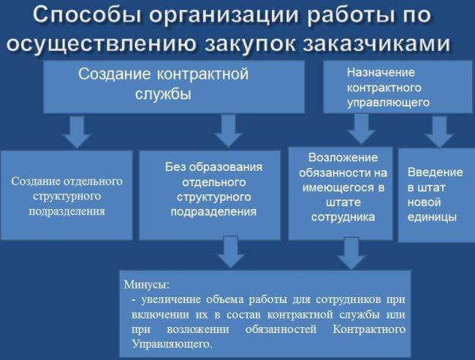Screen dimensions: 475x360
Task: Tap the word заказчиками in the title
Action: pos(376,44)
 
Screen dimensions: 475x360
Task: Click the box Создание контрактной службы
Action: pos(174,87)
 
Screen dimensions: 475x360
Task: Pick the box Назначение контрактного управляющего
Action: pos(398,87)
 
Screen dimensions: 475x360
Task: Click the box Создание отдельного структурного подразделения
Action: pos(66,195)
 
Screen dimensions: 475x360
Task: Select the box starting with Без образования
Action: pos(210,195)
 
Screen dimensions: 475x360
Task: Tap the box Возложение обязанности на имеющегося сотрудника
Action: pos(341,194)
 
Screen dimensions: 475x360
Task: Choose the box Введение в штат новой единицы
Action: pos(436,195)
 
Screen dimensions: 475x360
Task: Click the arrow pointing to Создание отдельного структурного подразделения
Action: pos(77,132)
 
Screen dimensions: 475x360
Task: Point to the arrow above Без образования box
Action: pos(229,131)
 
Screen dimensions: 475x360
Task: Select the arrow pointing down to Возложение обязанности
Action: pos(362,129)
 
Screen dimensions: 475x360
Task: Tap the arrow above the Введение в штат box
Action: pos(439,132)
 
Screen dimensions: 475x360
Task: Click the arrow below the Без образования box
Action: pos(231,252)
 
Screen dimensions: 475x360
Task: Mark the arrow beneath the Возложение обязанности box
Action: pos(351,253)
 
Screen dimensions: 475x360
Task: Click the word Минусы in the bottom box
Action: pos(147,285)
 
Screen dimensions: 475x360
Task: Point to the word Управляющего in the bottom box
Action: pos(172,344)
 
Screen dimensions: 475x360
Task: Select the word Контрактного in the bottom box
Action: pos(369,329)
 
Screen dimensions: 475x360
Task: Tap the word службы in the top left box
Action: pos(163,94)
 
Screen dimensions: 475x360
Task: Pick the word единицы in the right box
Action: pos(432,218)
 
